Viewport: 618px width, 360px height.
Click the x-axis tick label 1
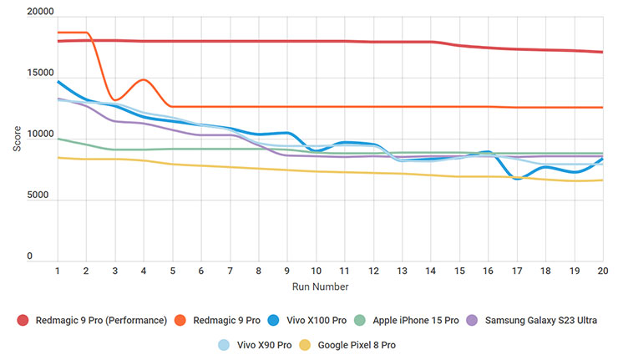pyautogui.click(x=57, y=271)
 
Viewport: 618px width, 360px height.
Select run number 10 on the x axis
pyautogui.click(x=315, y=271)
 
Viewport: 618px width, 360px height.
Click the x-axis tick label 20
pyautogui.click(x=602, y=271)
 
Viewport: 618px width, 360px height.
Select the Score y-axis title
pyautogui.click(x=18, y=138)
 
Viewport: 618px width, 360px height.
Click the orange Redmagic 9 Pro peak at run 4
pyautogui.click(x=144, y=80)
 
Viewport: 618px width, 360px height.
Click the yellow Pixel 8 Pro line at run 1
pyautogui.click(x=57, y=157)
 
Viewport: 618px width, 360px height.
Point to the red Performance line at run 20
pyautogui.click(x=602, y=52)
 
